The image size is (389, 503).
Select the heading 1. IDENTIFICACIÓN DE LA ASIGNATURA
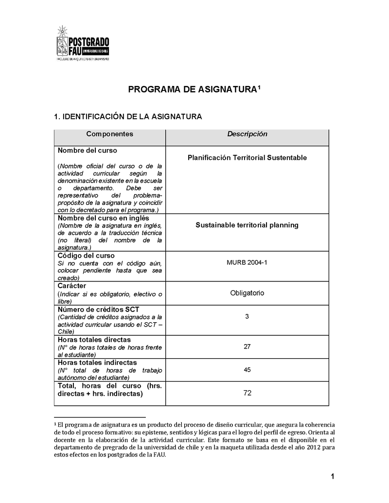127,117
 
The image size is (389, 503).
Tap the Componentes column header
109,134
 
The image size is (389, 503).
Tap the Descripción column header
247,134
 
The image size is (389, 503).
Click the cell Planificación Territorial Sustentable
247,158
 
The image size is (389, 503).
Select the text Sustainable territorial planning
247,225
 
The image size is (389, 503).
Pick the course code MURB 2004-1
247,263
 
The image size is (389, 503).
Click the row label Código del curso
86,256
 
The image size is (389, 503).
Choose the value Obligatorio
247,293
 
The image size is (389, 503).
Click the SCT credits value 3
247,316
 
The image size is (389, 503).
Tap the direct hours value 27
247,347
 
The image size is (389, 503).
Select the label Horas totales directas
94,340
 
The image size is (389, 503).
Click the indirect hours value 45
247,370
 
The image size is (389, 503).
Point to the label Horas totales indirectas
97,363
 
